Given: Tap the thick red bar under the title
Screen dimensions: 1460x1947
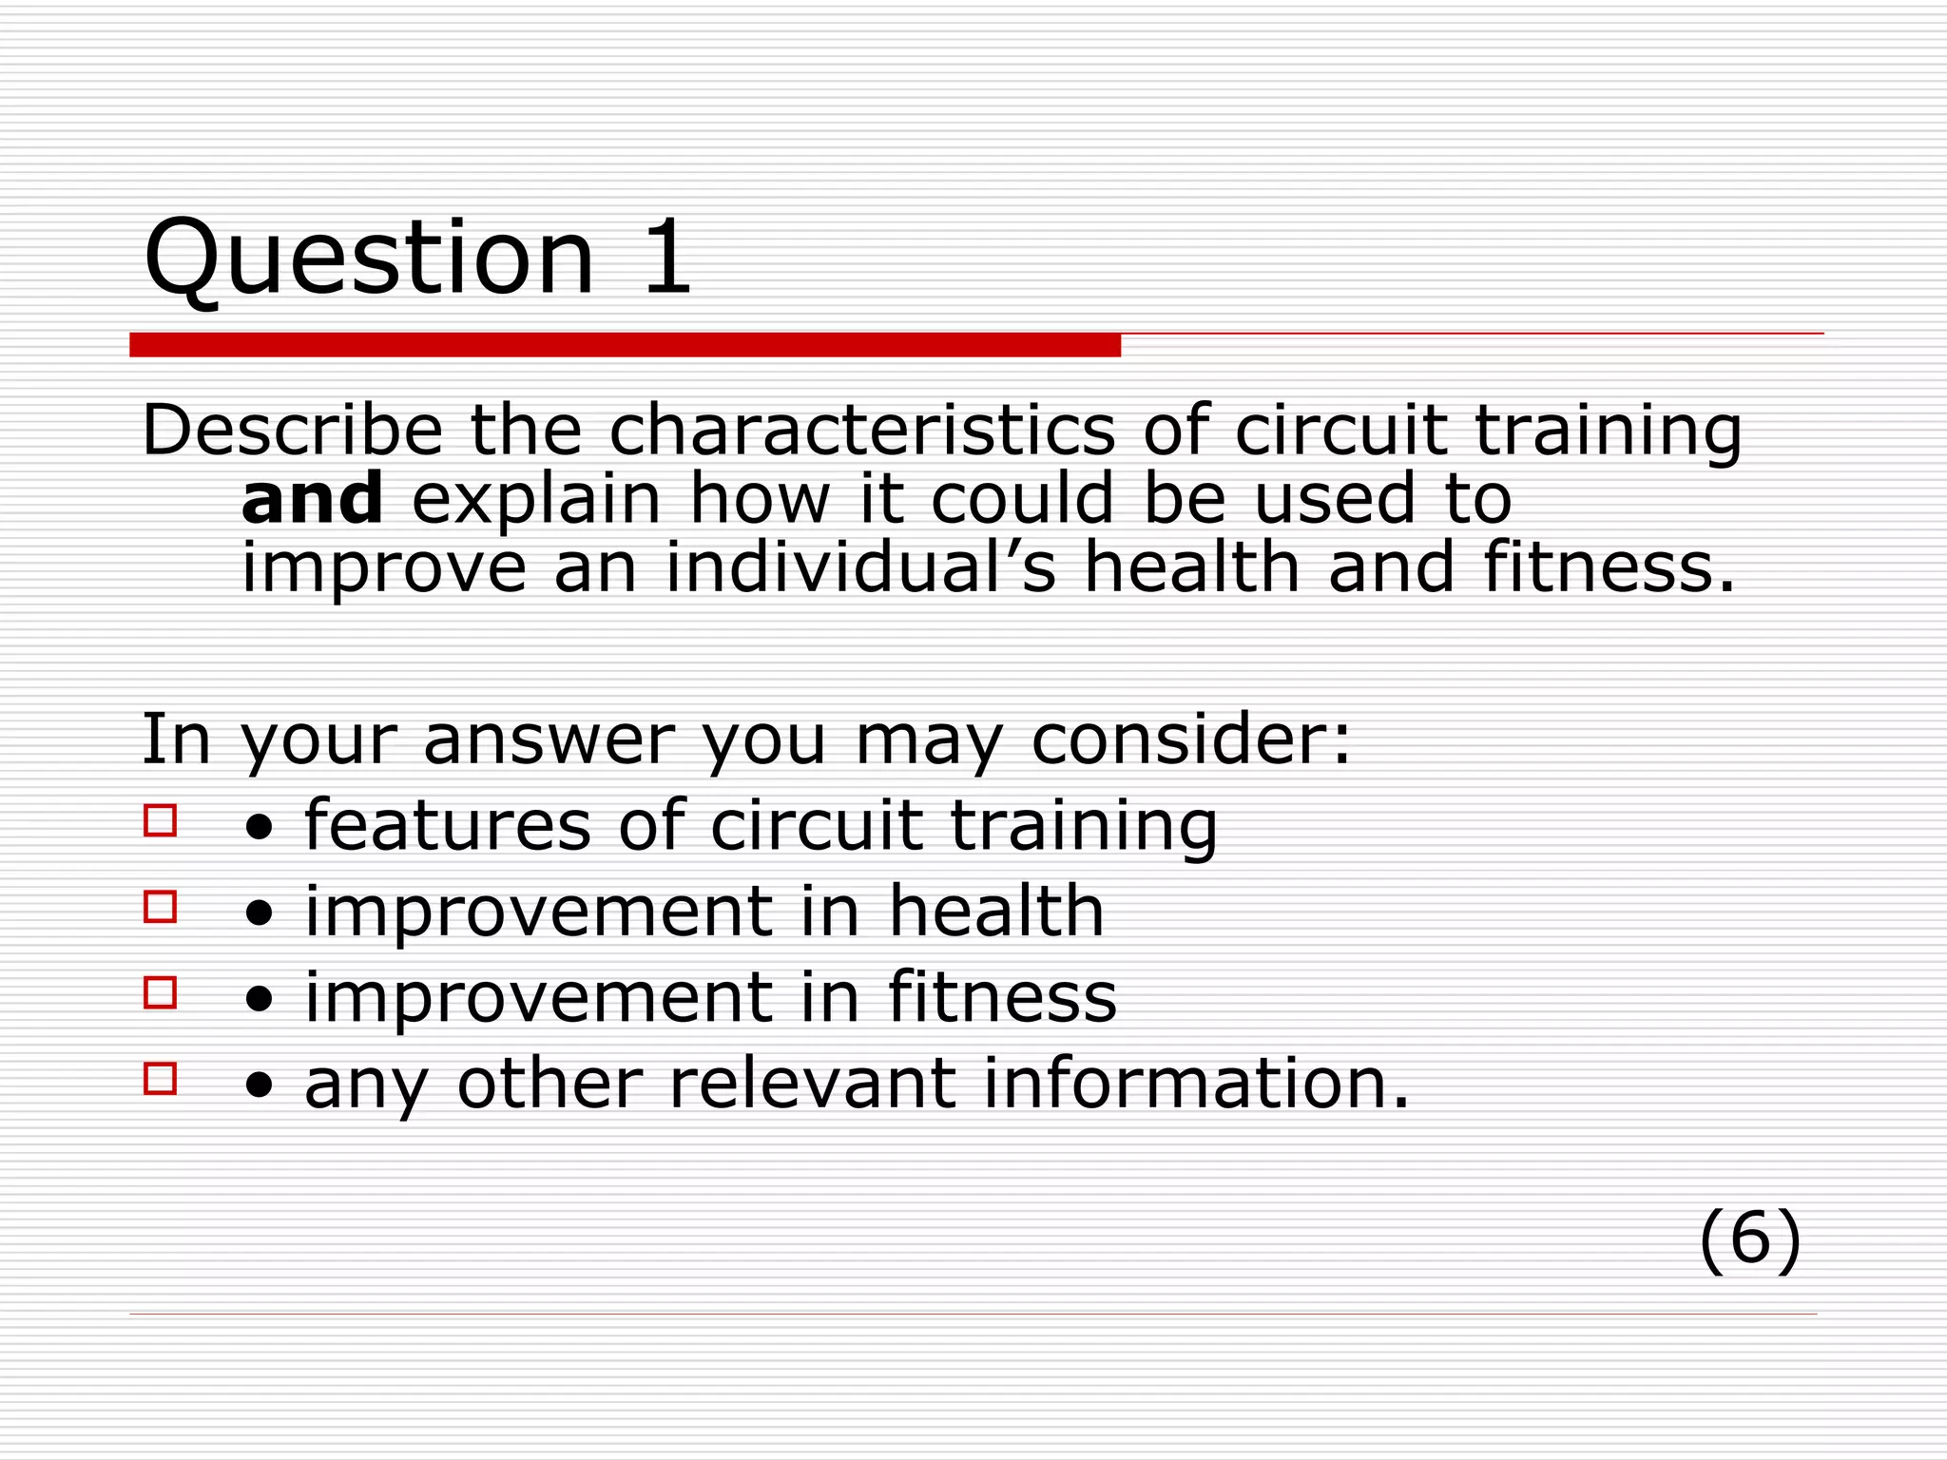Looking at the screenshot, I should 625,345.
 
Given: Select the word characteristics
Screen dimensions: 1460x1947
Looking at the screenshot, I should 861,430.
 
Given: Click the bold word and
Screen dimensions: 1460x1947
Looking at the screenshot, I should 312,498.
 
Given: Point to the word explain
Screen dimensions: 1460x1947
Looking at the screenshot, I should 535,500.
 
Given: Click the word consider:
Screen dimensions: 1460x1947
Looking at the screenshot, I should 1190,739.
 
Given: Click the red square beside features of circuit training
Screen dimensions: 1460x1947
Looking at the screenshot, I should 161,820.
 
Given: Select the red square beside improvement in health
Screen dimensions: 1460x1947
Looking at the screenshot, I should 161,907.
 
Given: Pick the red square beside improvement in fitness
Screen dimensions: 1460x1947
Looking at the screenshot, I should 161,992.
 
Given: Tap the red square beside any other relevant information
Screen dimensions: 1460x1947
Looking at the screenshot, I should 161,1079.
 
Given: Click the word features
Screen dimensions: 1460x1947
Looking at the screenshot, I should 448,824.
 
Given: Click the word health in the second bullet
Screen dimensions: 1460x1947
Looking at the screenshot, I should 995,911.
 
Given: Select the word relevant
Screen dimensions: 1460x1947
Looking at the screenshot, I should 812,1083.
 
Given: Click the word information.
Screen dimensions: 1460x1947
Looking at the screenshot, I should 1195,1083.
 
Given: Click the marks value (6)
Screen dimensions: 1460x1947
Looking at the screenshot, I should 1749,1239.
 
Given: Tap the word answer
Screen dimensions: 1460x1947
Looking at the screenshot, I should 549,739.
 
